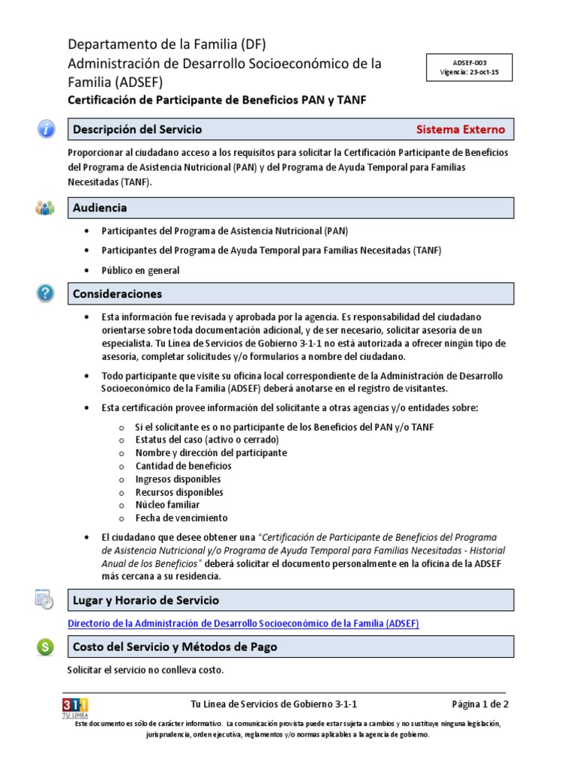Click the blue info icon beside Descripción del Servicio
(46, 129)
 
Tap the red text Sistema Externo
(460, 129)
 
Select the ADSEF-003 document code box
(469, 68)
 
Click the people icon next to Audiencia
(45, 208)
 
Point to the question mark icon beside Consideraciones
(46, 293)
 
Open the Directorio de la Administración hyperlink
(243, 623)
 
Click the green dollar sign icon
(46, 646)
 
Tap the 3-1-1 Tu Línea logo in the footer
(75, 707)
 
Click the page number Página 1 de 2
(480, 704)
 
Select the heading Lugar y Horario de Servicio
(145, 600)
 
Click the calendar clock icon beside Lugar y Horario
(45, 599)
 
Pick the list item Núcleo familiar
(167, 505)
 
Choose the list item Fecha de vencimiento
(181, 517)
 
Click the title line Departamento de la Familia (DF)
(166, 44)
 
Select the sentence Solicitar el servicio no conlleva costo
(145, 670)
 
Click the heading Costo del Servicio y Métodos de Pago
(175, 646)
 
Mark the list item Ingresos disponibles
(178, 478)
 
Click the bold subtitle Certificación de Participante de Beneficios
(217, 100)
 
